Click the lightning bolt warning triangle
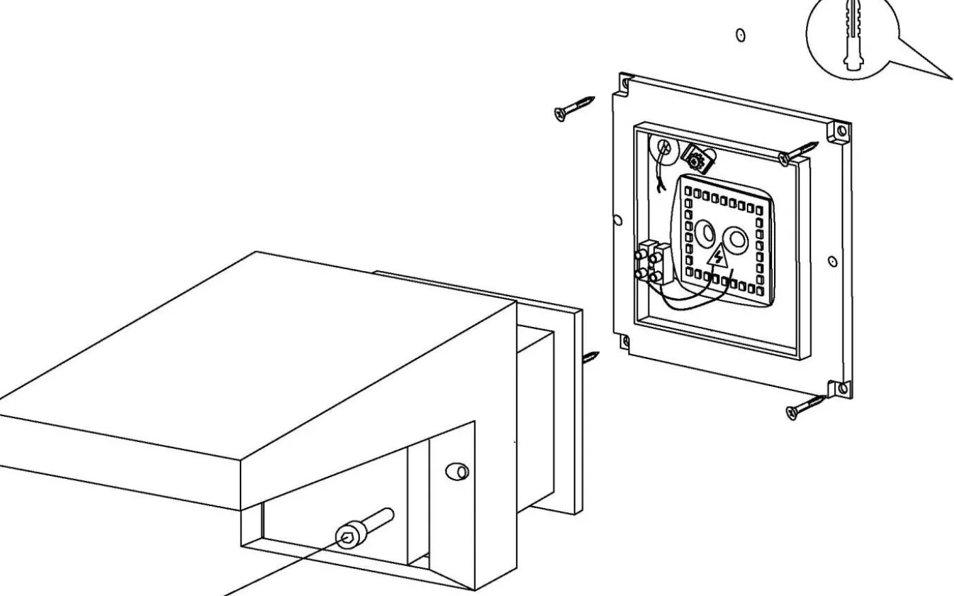click(718, 257)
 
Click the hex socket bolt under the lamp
click(363, 529)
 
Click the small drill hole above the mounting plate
click(741, 34)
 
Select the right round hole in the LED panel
click(737, 239)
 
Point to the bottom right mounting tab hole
click(843, 388)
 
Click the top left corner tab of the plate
click(624, 83)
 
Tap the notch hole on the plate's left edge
click(617, 220)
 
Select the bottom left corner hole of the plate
click(624, 341)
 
